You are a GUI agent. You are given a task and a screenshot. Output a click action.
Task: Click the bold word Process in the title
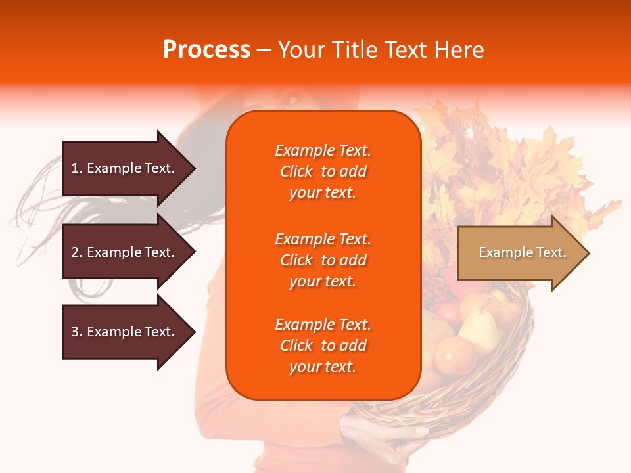(x=206, y=50)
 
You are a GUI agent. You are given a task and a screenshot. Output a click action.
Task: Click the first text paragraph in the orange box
(x=323, y=171)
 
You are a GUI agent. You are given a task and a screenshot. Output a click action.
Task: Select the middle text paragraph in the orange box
(x=323, y=260)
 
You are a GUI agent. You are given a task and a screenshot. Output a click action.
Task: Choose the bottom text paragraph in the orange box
(x=323, y=346)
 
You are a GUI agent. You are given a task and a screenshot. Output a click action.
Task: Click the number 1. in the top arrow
(x=77, y=168)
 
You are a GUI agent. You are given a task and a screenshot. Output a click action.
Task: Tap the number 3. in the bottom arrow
(x=77, y=332)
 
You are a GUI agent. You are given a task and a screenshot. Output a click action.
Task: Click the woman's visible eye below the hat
(x=291, y=101)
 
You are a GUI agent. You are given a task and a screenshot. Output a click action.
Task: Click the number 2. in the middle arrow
(x=77, y=252)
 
